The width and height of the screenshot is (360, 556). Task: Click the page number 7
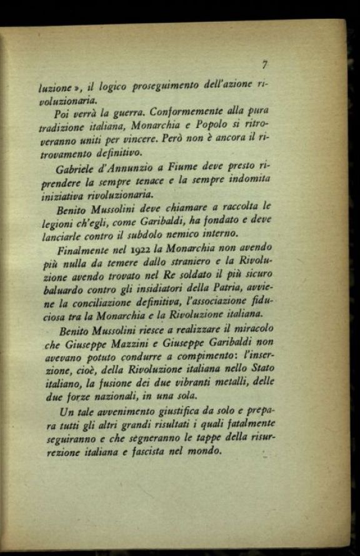(265, 64)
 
